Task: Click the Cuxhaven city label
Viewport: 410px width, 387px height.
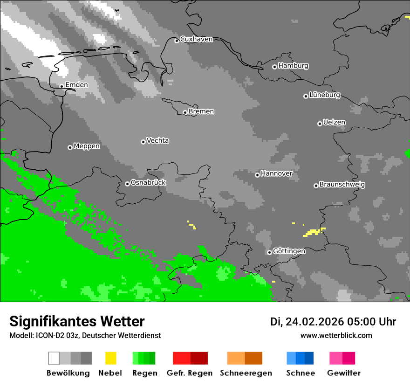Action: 196,39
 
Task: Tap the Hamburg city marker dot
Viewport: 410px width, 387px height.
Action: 274,67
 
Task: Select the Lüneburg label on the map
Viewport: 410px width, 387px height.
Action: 325,95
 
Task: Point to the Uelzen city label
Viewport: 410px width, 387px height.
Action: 334,123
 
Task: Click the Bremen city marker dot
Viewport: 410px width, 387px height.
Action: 185,112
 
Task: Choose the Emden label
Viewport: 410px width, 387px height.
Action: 76,85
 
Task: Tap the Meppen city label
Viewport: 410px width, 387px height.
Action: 87,146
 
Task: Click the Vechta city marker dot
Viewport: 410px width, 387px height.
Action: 143,142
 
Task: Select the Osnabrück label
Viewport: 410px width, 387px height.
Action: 148,183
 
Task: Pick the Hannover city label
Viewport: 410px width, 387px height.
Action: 277,173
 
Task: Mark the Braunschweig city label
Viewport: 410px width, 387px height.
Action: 342,185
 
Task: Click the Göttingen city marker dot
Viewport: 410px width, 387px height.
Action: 269,252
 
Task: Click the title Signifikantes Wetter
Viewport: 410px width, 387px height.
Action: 77,321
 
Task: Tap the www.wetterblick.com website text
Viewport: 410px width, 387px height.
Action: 336,335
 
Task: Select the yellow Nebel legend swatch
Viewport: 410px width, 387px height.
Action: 110,358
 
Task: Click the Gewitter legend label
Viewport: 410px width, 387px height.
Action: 344,373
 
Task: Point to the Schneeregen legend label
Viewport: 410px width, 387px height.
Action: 246,373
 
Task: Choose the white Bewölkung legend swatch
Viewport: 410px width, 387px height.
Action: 54,358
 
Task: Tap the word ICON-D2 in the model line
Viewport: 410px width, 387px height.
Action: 48,335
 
